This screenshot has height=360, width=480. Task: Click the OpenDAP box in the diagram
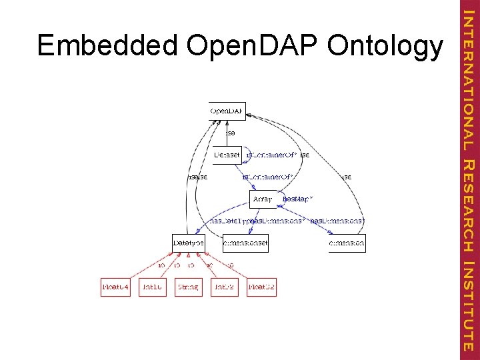[227, 111]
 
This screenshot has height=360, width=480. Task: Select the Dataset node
[227, 155]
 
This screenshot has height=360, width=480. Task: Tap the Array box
[263, 199]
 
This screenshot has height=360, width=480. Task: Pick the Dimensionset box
[245, 243]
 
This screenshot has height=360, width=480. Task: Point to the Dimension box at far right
[347, 243]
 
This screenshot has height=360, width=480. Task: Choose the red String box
[189, 287]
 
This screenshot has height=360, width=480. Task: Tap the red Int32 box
[224, 287]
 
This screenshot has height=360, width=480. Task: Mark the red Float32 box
[261, 287]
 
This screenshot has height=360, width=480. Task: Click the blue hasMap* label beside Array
[298, 199]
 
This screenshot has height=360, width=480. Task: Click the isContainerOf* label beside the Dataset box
[271, 155]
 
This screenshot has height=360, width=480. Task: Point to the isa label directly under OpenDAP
[231, 133]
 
